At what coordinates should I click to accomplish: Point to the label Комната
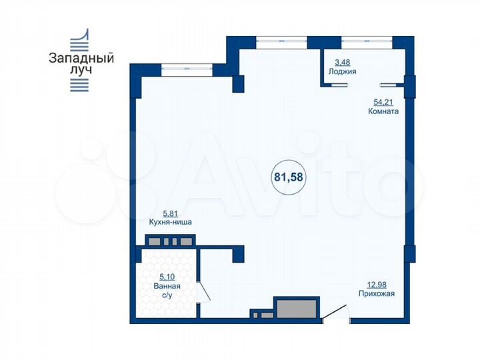coord(383,112)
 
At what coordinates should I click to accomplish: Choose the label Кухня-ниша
coord(171,223)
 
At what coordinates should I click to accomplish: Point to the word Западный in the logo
coord(81,58)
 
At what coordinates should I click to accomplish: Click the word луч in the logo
coord(81,69)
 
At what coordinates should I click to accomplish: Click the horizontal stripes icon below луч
coord(80,84)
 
